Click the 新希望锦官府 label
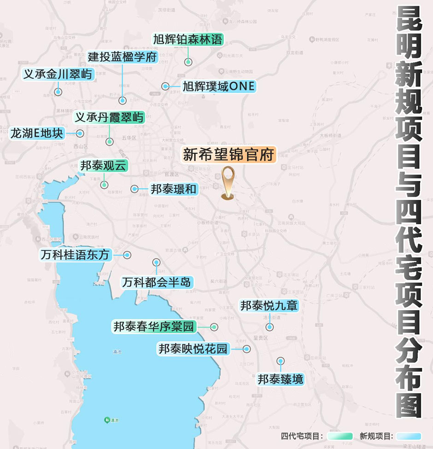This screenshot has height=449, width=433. point(229,154)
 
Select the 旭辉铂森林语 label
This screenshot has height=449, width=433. point(188,40)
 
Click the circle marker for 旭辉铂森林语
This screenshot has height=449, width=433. point(188,62)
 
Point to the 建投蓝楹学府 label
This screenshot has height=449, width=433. point(123,58)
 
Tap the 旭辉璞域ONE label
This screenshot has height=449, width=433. point(218,86)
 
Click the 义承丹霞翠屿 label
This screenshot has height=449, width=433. point(109,117)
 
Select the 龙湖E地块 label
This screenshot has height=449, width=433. point(37,134)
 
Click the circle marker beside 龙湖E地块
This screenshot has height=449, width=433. point(80,134)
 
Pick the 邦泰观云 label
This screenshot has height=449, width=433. point(103,166)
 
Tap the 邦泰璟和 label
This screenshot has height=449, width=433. point(173,188)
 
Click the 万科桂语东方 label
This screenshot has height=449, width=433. point(76,255)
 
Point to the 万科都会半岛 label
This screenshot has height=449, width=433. point(157,282)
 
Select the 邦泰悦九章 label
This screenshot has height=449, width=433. point(269,306)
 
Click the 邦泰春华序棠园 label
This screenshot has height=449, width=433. point(154,327)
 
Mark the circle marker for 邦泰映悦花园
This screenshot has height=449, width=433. point(247,349)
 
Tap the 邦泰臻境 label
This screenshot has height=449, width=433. point(281,379)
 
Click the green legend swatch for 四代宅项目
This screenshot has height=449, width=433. point(339,436)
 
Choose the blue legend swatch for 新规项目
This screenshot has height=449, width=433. point(409,436)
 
